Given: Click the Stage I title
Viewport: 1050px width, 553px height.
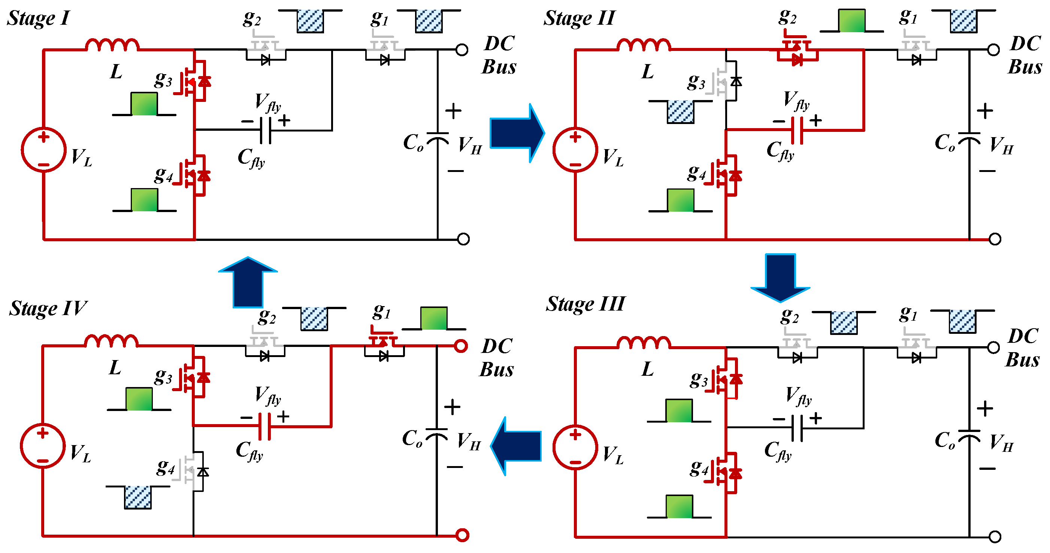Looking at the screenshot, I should [38, 18].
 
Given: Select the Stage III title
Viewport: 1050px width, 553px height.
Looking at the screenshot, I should [585, 304].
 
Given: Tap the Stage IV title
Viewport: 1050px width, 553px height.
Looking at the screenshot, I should [48, 308].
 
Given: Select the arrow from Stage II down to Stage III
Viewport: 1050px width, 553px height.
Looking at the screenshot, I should [780, 277].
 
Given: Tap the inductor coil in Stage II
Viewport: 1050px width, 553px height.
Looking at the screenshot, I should [644, 45].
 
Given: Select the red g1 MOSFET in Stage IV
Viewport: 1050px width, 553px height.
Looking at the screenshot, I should [383, 345].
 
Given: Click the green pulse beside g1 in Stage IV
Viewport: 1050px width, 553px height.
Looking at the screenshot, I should [434, 318].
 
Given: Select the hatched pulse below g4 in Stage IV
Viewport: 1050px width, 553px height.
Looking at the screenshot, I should [138, 497].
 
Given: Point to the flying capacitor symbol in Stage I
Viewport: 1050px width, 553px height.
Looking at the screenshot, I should [265, 130].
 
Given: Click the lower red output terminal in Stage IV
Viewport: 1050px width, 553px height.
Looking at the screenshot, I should [462, 535].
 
